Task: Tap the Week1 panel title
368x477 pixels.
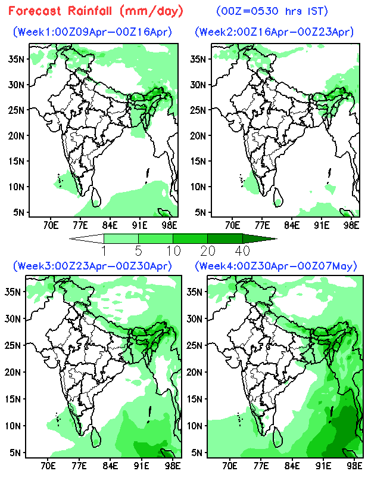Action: coord(92,32)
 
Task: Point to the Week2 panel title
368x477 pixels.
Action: coord(274,32)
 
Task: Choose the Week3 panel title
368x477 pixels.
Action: coord(92,265)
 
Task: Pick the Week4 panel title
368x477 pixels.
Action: coord(274,265)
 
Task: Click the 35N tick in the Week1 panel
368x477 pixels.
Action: coord(17,58)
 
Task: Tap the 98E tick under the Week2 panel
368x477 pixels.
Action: coord(351,225)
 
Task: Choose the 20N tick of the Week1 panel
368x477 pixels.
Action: coord(17,135)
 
